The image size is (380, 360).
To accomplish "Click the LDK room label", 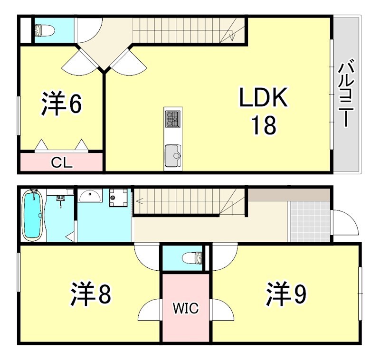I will coord(263,98).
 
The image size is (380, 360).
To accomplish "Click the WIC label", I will coord(185,308).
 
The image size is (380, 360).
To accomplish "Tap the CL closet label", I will coord(62,163).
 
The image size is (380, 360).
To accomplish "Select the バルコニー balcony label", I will coord(345,93).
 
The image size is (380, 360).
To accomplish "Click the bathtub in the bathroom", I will coord(33,215).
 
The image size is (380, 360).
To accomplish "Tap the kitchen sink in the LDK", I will coord(172,154).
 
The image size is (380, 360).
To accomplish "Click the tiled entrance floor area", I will coord(309,221).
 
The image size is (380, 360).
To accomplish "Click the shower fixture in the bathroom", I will coord(60,199).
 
